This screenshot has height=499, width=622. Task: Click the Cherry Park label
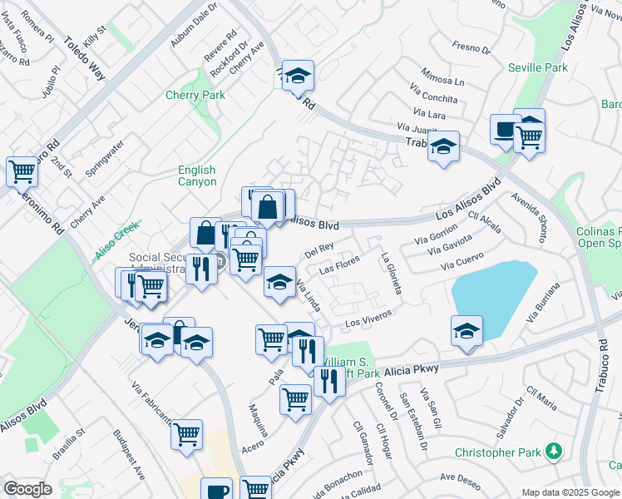[195, 96]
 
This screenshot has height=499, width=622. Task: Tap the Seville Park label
[545, 67]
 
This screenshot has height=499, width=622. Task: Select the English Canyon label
[197, 176]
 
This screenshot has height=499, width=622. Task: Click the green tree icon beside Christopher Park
[555, 452]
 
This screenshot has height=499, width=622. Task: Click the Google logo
[27, 489]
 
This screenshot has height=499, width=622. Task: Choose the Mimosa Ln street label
[442, 77]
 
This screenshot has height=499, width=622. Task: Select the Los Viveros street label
[367, 321]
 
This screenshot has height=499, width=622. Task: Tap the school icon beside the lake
[467, 329]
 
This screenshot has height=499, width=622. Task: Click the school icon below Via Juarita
[444, 148]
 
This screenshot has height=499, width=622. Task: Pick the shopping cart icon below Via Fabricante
[187, 433]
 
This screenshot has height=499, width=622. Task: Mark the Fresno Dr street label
[471, 48]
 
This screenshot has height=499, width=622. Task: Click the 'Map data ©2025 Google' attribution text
[570, 492]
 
